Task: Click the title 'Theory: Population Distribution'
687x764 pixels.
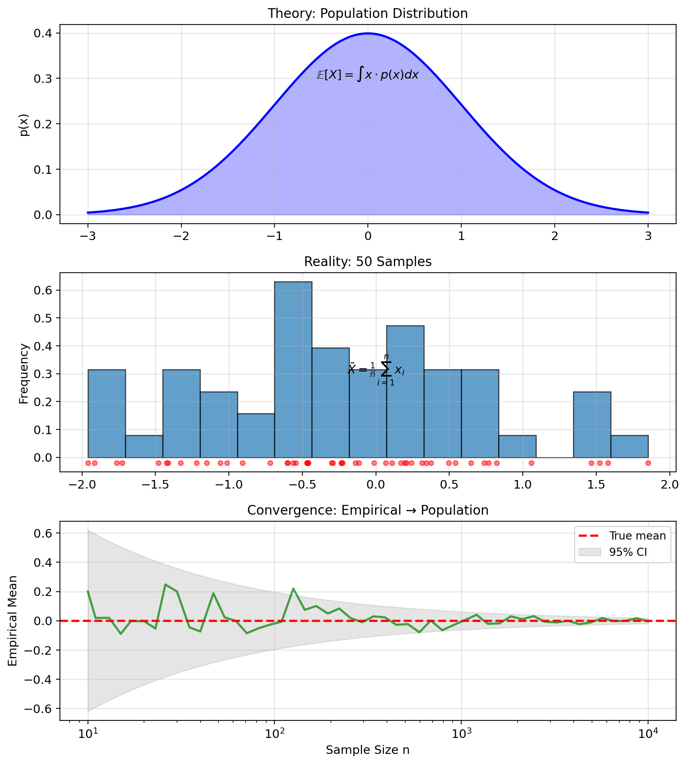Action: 367,14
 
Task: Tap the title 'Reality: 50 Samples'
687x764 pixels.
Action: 367,262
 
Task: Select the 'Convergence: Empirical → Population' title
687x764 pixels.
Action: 367,510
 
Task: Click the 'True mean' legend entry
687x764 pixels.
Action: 637,536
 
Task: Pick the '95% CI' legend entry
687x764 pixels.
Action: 628,552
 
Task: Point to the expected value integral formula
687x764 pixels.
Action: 367,74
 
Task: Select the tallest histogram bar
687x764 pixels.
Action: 293,370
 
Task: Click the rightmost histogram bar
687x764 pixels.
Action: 629,446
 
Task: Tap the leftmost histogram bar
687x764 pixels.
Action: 107,413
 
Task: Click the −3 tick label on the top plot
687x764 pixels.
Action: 88,236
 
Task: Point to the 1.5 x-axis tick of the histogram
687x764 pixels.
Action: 596,485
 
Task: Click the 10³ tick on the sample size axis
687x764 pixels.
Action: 461,734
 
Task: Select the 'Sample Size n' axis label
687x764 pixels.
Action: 367,750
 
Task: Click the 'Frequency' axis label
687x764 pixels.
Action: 24,373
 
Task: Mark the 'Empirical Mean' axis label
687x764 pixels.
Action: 13,621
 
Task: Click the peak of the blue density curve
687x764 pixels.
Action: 368,33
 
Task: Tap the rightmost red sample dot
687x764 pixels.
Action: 648,463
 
